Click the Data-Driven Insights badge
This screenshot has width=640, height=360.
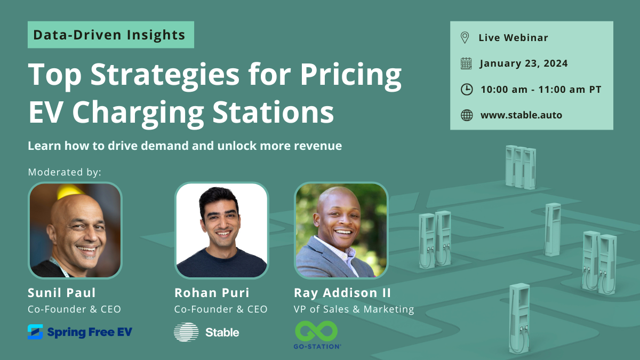point(110,35)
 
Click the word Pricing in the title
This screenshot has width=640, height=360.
point(349,75)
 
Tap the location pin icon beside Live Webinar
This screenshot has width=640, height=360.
point(465,37)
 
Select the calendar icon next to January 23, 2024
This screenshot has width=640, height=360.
point(466,63)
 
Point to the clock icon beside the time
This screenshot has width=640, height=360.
point(466,89)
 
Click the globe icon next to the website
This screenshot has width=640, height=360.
point(466,115)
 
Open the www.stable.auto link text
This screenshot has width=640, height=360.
point(521,115)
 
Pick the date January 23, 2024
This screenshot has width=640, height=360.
point(524,63)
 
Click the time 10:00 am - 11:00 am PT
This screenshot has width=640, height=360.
point(541,89)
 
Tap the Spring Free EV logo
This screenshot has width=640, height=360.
point(80,332)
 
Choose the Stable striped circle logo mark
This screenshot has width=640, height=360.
point(186,332)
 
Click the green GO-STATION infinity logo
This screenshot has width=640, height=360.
point(316,331)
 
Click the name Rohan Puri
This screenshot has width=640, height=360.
point(212,293)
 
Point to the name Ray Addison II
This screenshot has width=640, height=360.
point(342,293)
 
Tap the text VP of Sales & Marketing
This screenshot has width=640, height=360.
point(354,309)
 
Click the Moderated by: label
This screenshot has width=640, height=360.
point(65,172)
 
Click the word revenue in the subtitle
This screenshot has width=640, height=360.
point(319,146)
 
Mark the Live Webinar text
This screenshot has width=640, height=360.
point(513,38)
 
